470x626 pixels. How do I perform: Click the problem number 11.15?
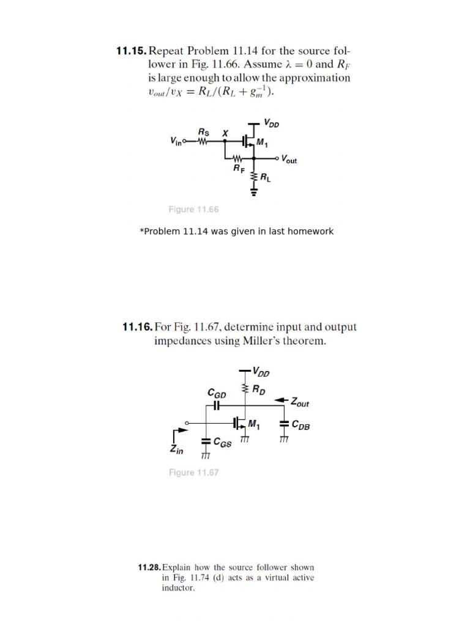[132, 51]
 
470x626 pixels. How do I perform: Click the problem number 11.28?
[149, 567]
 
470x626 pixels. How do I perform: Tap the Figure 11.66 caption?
[193, 210]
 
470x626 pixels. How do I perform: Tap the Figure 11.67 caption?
[193, 473]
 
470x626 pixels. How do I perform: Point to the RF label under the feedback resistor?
[239, 169]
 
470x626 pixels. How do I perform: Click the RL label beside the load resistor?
[266, 179]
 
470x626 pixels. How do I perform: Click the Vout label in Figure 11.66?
[289, 160]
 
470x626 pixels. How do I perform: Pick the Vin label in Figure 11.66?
[178, 141]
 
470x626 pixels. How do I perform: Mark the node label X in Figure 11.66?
[225, 132]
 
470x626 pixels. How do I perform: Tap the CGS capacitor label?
[223, 444]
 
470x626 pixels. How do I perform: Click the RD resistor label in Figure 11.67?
[259, 389]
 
